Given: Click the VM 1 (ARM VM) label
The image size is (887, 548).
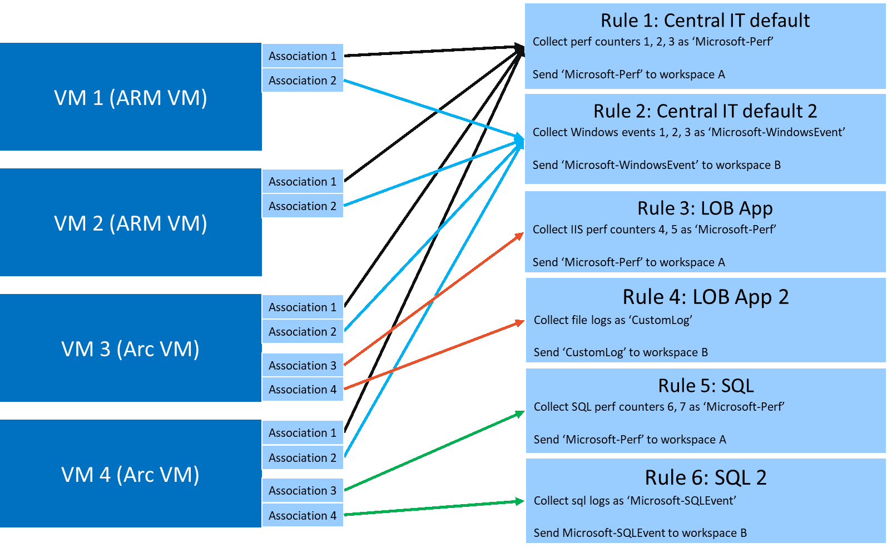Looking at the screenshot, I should [131, 98].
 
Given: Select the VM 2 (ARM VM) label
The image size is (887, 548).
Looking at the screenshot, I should [131, 223].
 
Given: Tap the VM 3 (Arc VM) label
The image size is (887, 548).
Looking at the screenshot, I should [130, 349].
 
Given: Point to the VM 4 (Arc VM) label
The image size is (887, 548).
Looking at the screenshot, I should [130, 475].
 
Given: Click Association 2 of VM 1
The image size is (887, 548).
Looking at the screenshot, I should [303, 81].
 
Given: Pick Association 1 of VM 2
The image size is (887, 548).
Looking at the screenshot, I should [303, 182].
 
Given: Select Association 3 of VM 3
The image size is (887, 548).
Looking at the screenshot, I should [303, 366].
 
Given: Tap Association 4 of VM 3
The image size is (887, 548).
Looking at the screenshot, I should [303, 390].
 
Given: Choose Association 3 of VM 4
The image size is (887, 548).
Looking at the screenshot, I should [303, 491].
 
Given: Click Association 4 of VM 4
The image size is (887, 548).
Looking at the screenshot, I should [303, 516].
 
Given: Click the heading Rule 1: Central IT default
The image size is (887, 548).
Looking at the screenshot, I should [705, 21].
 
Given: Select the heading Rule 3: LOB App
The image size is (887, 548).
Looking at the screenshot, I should [705, 208].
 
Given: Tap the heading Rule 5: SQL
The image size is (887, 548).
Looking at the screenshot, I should [706, 386].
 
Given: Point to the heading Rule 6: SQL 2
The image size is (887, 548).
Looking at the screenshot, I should [706, 478].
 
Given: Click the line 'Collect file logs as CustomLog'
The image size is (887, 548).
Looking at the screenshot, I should [613, 320].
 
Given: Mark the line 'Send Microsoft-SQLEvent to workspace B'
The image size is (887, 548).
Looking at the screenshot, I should [640, 533].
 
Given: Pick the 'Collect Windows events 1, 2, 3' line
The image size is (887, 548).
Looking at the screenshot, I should [688, 132].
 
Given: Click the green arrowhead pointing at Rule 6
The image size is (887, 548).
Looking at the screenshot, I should [519, 501].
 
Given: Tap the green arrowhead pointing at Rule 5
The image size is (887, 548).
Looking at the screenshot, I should [520, 414].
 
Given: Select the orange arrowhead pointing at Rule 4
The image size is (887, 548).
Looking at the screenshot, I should [520, 322].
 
